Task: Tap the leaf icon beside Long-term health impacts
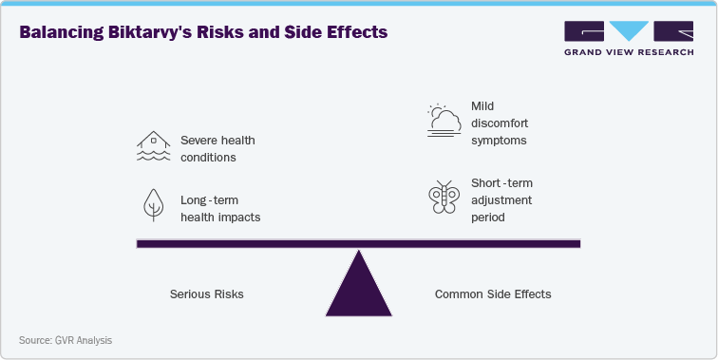pos(152,206)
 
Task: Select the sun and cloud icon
pos(444,121)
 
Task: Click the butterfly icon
pos(443,198)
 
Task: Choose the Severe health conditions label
pos(217,148)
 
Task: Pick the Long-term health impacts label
pos(219,209)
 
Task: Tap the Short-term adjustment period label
pos(501,199)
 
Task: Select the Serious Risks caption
pos(206,294)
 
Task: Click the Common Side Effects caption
pos(492,294)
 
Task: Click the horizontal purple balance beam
pos(358,244)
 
